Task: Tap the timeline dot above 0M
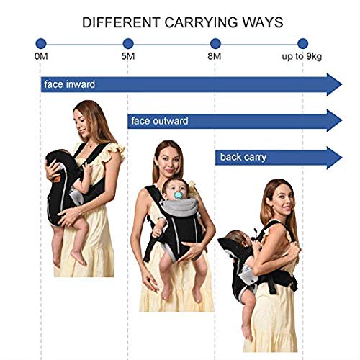coord(41,44)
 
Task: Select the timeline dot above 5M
coord(128,44)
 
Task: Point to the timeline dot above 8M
coord(215,44)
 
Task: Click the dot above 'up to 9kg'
coord(302,44)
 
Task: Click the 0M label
coord(41,57)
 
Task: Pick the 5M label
coord(128,57)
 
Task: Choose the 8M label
coord(215,57)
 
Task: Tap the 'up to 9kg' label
coord(301,57)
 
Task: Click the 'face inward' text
coord(69,84)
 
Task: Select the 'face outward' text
coord(160,121)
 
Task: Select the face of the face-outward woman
coord(168,160)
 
